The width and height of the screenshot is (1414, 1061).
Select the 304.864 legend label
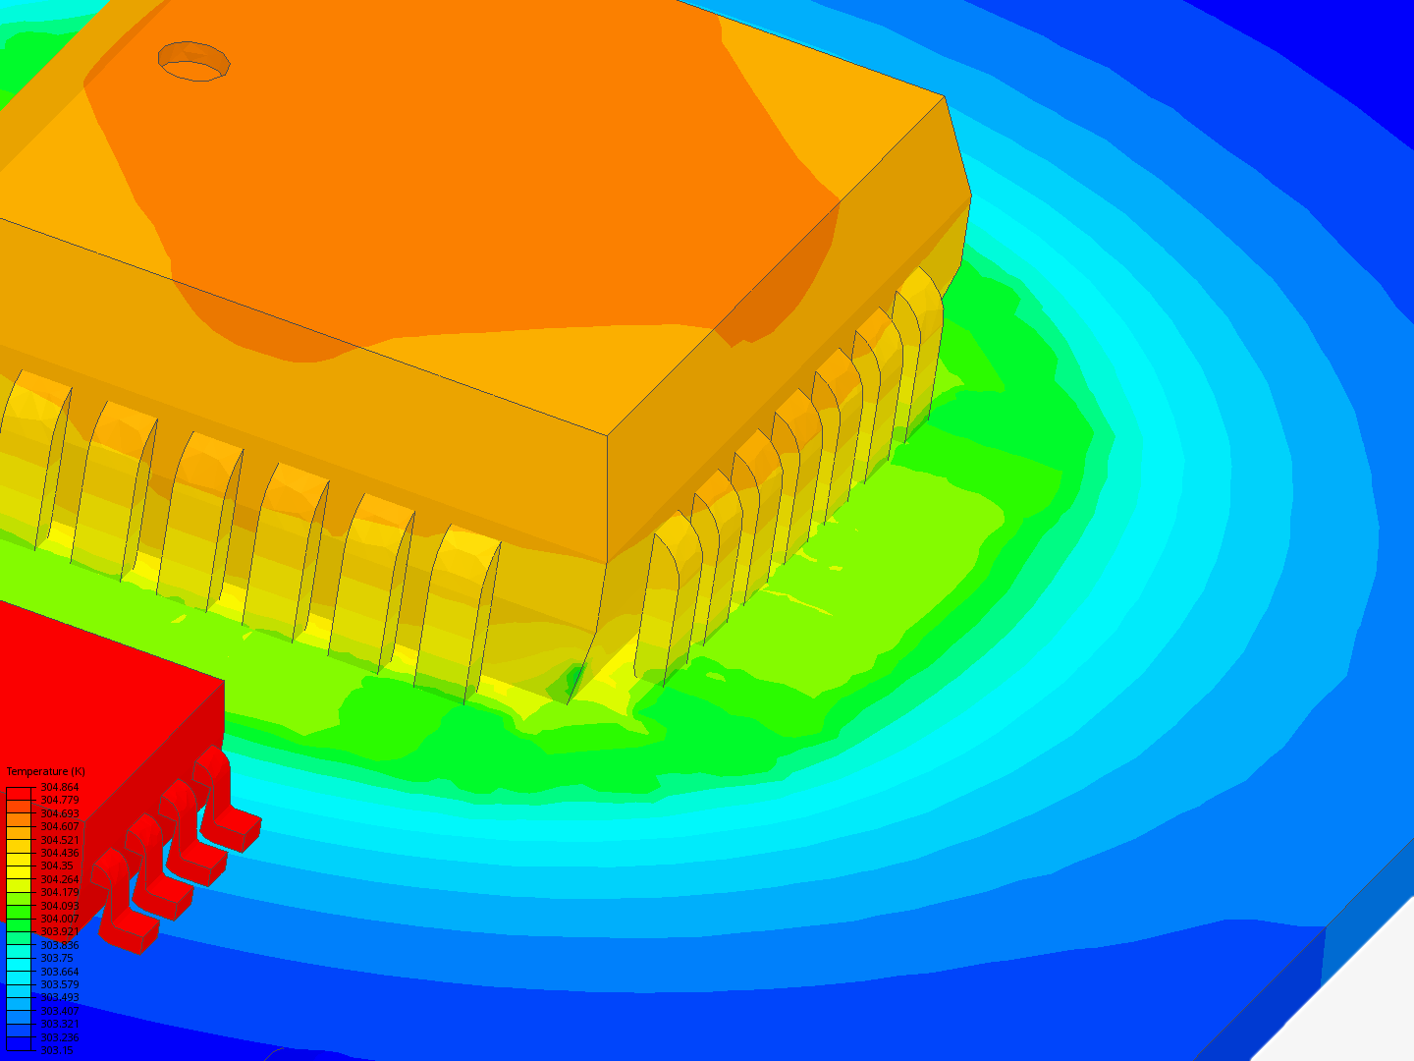pos(59,788)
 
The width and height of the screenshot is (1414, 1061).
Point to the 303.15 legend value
pos(56,1050)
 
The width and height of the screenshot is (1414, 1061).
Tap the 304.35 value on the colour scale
pos(57,866)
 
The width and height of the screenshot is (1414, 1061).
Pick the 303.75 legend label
pos(57,958)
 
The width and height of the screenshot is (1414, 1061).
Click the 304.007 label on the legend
pos(59,919)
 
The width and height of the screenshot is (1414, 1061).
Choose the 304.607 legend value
pos(59,827)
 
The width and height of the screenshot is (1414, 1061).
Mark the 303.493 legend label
pos(59,997)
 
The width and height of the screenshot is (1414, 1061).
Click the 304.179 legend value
pos(59,892)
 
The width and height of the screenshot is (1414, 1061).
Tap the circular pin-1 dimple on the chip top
pos(193,61)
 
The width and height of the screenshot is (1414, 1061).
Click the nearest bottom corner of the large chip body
pos(607,562)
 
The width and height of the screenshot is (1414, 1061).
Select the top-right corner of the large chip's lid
pos(944,96)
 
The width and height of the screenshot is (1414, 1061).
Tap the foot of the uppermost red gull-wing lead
pos(236,831)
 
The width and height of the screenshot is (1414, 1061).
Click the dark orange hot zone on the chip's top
pos(471,177)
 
